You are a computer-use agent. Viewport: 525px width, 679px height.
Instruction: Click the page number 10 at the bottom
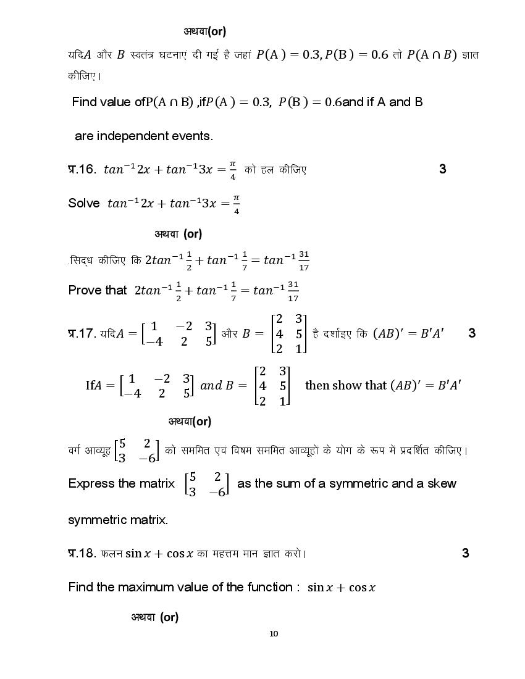coord(274,633)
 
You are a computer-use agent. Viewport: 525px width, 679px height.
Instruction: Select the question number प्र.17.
coord(82,334)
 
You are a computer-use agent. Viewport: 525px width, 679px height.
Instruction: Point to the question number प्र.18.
coord(82,554)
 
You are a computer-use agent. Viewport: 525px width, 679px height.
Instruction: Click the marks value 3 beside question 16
coord(442,169)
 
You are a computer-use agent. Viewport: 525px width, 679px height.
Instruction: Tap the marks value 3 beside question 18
coord(466,553)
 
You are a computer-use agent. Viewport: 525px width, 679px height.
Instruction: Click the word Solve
coord(84,203)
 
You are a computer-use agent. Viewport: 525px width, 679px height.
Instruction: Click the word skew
coord(441,483)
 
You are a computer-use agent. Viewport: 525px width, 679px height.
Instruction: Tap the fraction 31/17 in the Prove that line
coord(293,291)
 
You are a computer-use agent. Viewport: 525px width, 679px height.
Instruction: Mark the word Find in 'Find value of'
coord(85,102)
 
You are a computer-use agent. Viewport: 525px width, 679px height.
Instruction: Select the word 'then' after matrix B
coord(317,385)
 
